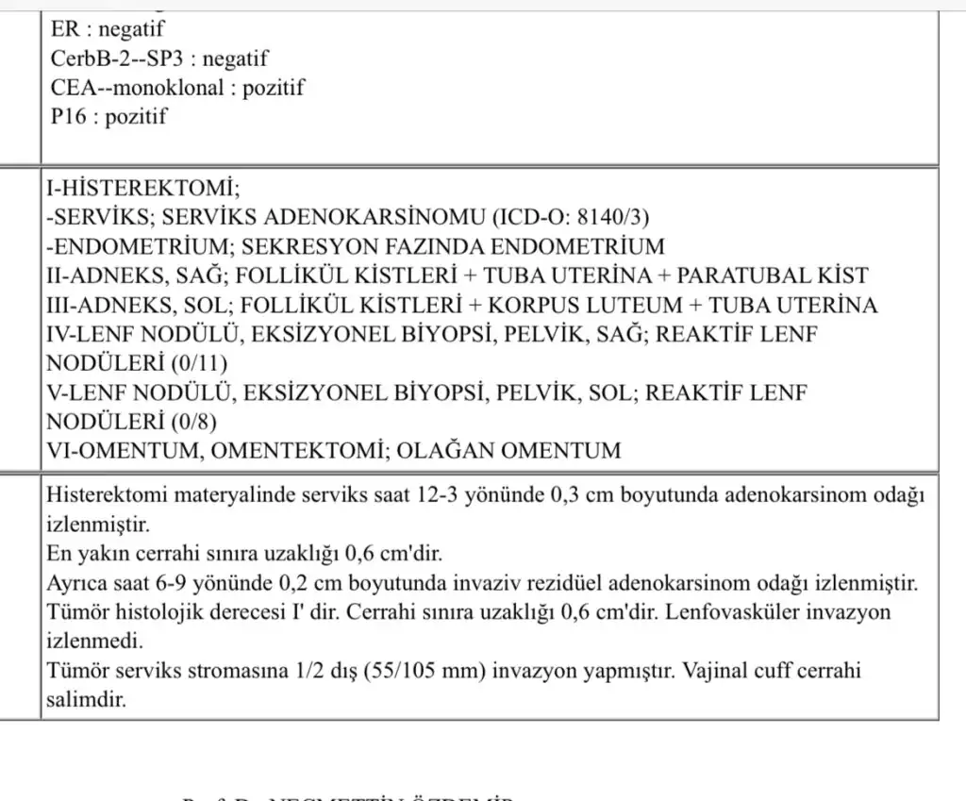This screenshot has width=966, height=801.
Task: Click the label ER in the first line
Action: click(x=64, y=29)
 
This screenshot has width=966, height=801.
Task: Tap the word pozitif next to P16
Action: click(x=136, y=117)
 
